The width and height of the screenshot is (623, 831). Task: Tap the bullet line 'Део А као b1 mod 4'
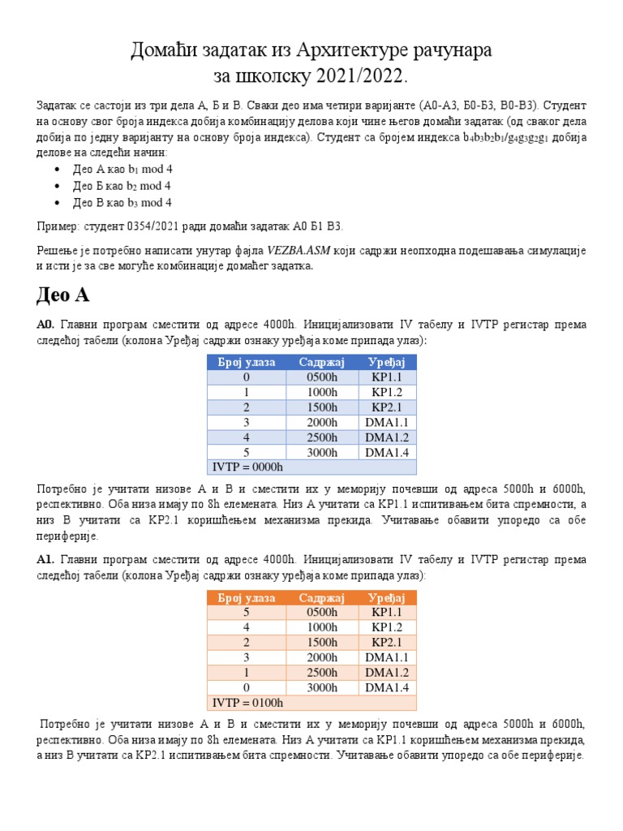123,170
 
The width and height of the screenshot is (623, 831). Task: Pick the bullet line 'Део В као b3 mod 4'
123,203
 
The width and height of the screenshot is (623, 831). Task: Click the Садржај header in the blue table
322,362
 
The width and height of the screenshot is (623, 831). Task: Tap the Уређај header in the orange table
387,598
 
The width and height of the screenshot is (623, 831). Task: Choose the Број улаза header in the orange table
247,598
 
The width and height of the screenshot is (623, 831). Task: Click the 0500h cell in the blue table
322,377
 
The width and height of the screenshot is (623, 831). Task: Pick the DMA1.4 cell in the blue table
387,452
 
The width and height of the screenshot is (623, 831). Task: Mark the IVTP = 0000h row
247,467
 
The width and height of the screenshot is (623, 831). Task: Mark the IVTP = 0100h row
247,703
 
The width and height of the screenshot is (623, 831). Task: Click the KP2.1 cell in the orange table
387,643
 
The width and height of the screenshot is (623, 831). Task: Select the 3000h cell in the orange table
322,687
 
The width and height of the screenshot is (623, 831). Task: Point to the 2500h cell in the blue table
322,437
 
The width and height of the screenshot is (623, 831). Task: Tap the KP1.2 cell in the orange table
387,627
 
